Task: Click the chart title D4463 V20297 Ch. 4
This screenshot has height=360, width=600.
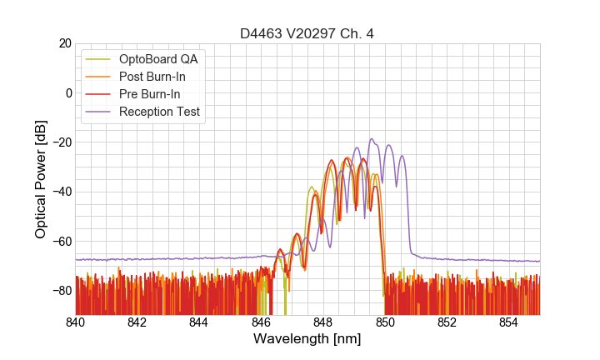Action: point(307,33)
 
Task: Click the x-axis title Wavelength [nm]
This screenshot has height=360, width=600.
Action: point(307,339)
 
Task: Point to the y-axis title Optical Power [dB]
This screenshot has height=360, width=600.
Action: point(41,179)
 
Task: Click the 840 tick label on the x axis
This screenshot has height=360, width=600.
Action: point(76,322)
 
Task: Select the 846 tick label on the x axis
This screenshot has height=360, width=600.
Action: point(262,322)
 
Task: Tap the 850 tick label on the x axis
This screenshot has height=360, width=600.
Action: point(385,322)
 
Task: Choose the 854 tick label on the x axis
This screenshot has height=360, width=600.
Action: point(509,322)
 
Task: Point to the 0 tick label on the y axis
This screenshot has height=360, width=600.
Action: point(68,92)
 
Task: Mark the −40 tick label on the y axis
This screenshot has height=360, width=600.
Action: point(61,192)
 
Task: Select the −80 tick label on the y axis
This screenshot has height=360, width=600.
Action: point(61,291)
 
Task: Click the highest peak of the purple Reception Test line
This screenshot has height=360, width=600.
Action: point(372,139)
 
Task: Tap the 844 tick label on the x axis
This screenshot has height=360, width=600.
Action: point(199,322)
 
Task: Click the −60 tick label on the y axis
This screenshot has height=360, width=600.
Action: point(61,242)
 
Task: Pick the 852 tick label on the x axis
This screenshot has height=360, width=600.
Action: point(447,322)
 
